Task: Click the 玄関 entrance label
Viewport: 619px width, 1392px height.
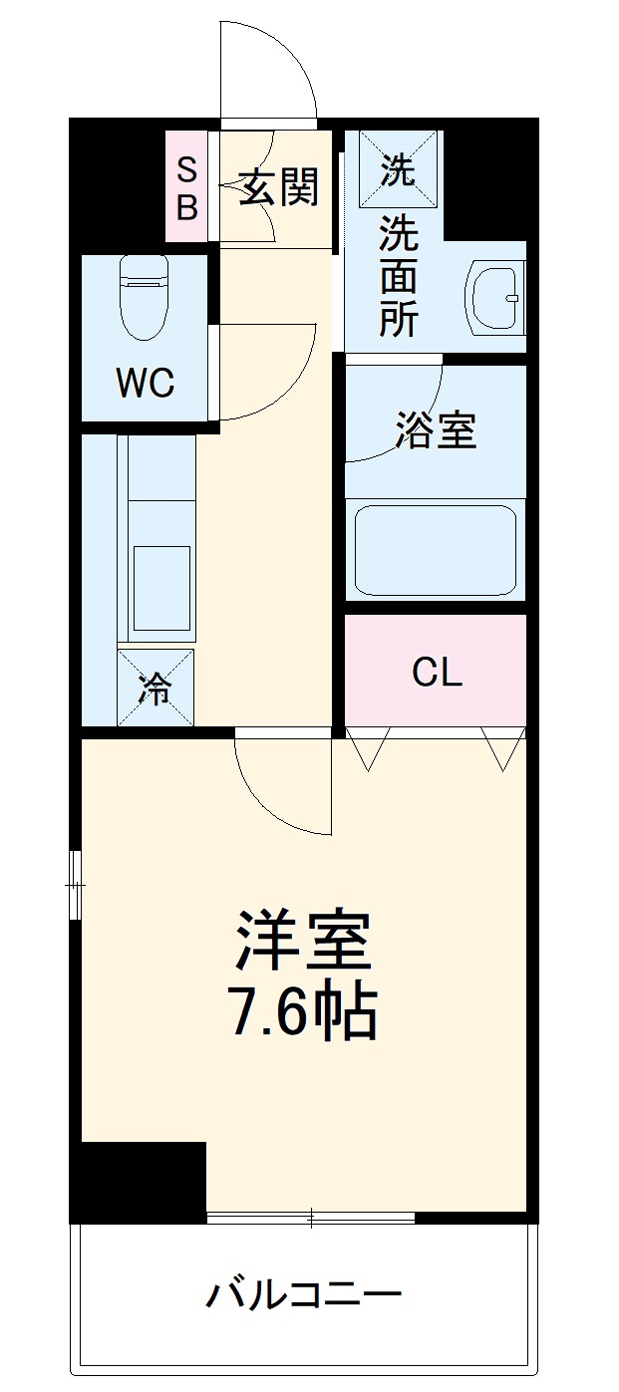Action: [x=279, y=187]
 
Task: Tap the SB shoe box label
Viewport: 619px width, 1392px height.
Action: [x=187, y=188]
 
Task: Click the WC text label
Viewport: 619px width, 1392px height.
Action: [x=146, y=383]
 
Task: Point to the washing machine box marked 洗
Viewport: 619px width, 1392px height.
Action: [x=398, y=170]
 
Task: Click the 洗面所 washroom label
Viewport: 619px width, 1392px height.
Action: [x=398, y=278]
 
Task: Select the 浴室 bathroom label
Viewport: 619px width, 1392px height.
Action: [x=436, y=429]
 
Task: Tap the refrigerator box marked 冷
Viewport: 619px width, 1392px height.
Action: [x=155, y=688]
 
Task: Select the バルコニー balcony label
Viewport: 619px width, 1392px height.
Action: [x=304, y=1295]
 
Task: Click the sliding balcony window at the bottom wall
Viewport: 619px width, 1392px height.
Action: [x=310, y=1217]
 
